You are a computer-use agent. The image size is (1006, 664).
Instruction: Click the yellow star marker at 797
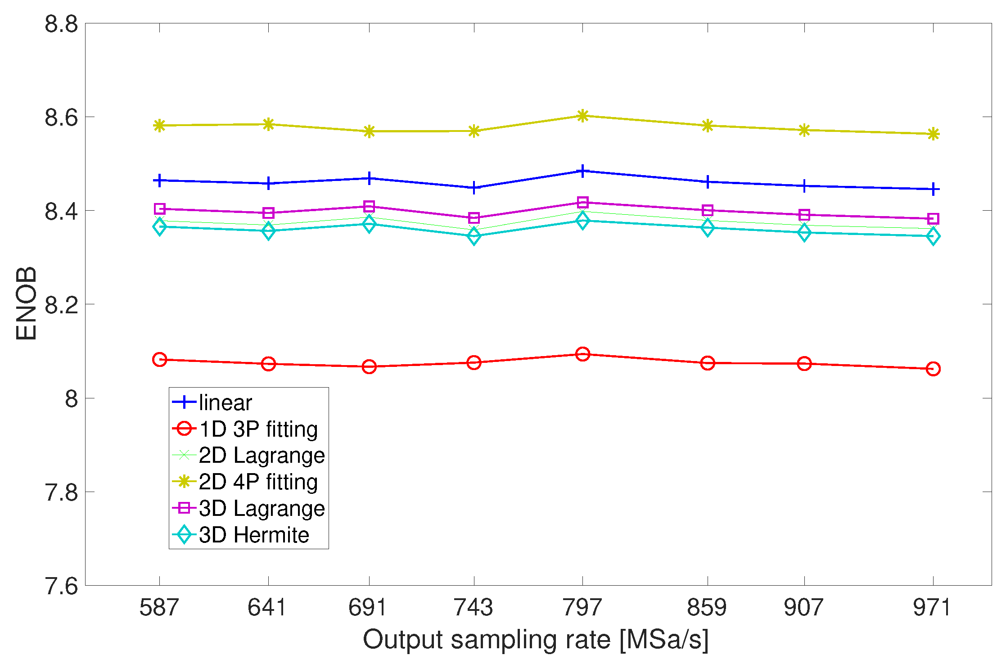tap(582, 116)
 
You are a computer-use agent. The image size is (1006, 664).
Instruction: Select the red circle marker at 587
tap(159, 360)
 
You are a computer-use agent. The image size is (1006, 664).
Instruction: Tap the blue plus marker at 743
tap(474, 188)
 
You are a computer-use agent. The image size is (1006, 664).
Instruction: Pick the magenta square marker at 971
tap(933, 219)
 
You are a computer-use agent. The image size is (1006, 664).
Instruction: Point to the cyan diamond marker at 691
tap(369, 224)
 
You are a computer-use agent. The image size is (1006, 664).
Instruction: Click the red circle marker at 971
tap(933, 369)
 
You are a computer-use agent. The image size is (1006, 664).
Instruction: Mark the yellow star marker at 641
tap(268, 124)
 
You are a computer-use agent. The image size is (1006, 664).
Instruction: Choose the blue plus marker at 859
tap(708, 182)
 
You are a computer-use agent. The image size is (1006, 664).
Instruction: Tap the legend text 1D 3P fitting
tap(258, 429)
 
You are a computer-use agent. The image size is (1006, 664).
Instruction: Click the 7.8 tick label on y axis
tap(61, 492)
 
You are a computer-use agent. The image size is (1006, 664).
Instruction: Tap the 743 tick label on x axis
tap(474, 608)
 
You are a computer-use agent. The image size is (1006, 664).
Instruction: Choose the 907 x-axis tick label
tap(804, 608)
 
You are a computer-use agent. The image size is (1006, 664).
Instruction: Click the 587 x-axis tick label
tap(159, 608)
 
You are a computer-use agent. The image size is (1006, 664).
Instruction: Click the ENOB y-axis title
tap(26, 304)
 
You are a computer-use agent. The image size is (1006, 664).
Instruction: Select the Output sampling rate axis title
tap(536, 640)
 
